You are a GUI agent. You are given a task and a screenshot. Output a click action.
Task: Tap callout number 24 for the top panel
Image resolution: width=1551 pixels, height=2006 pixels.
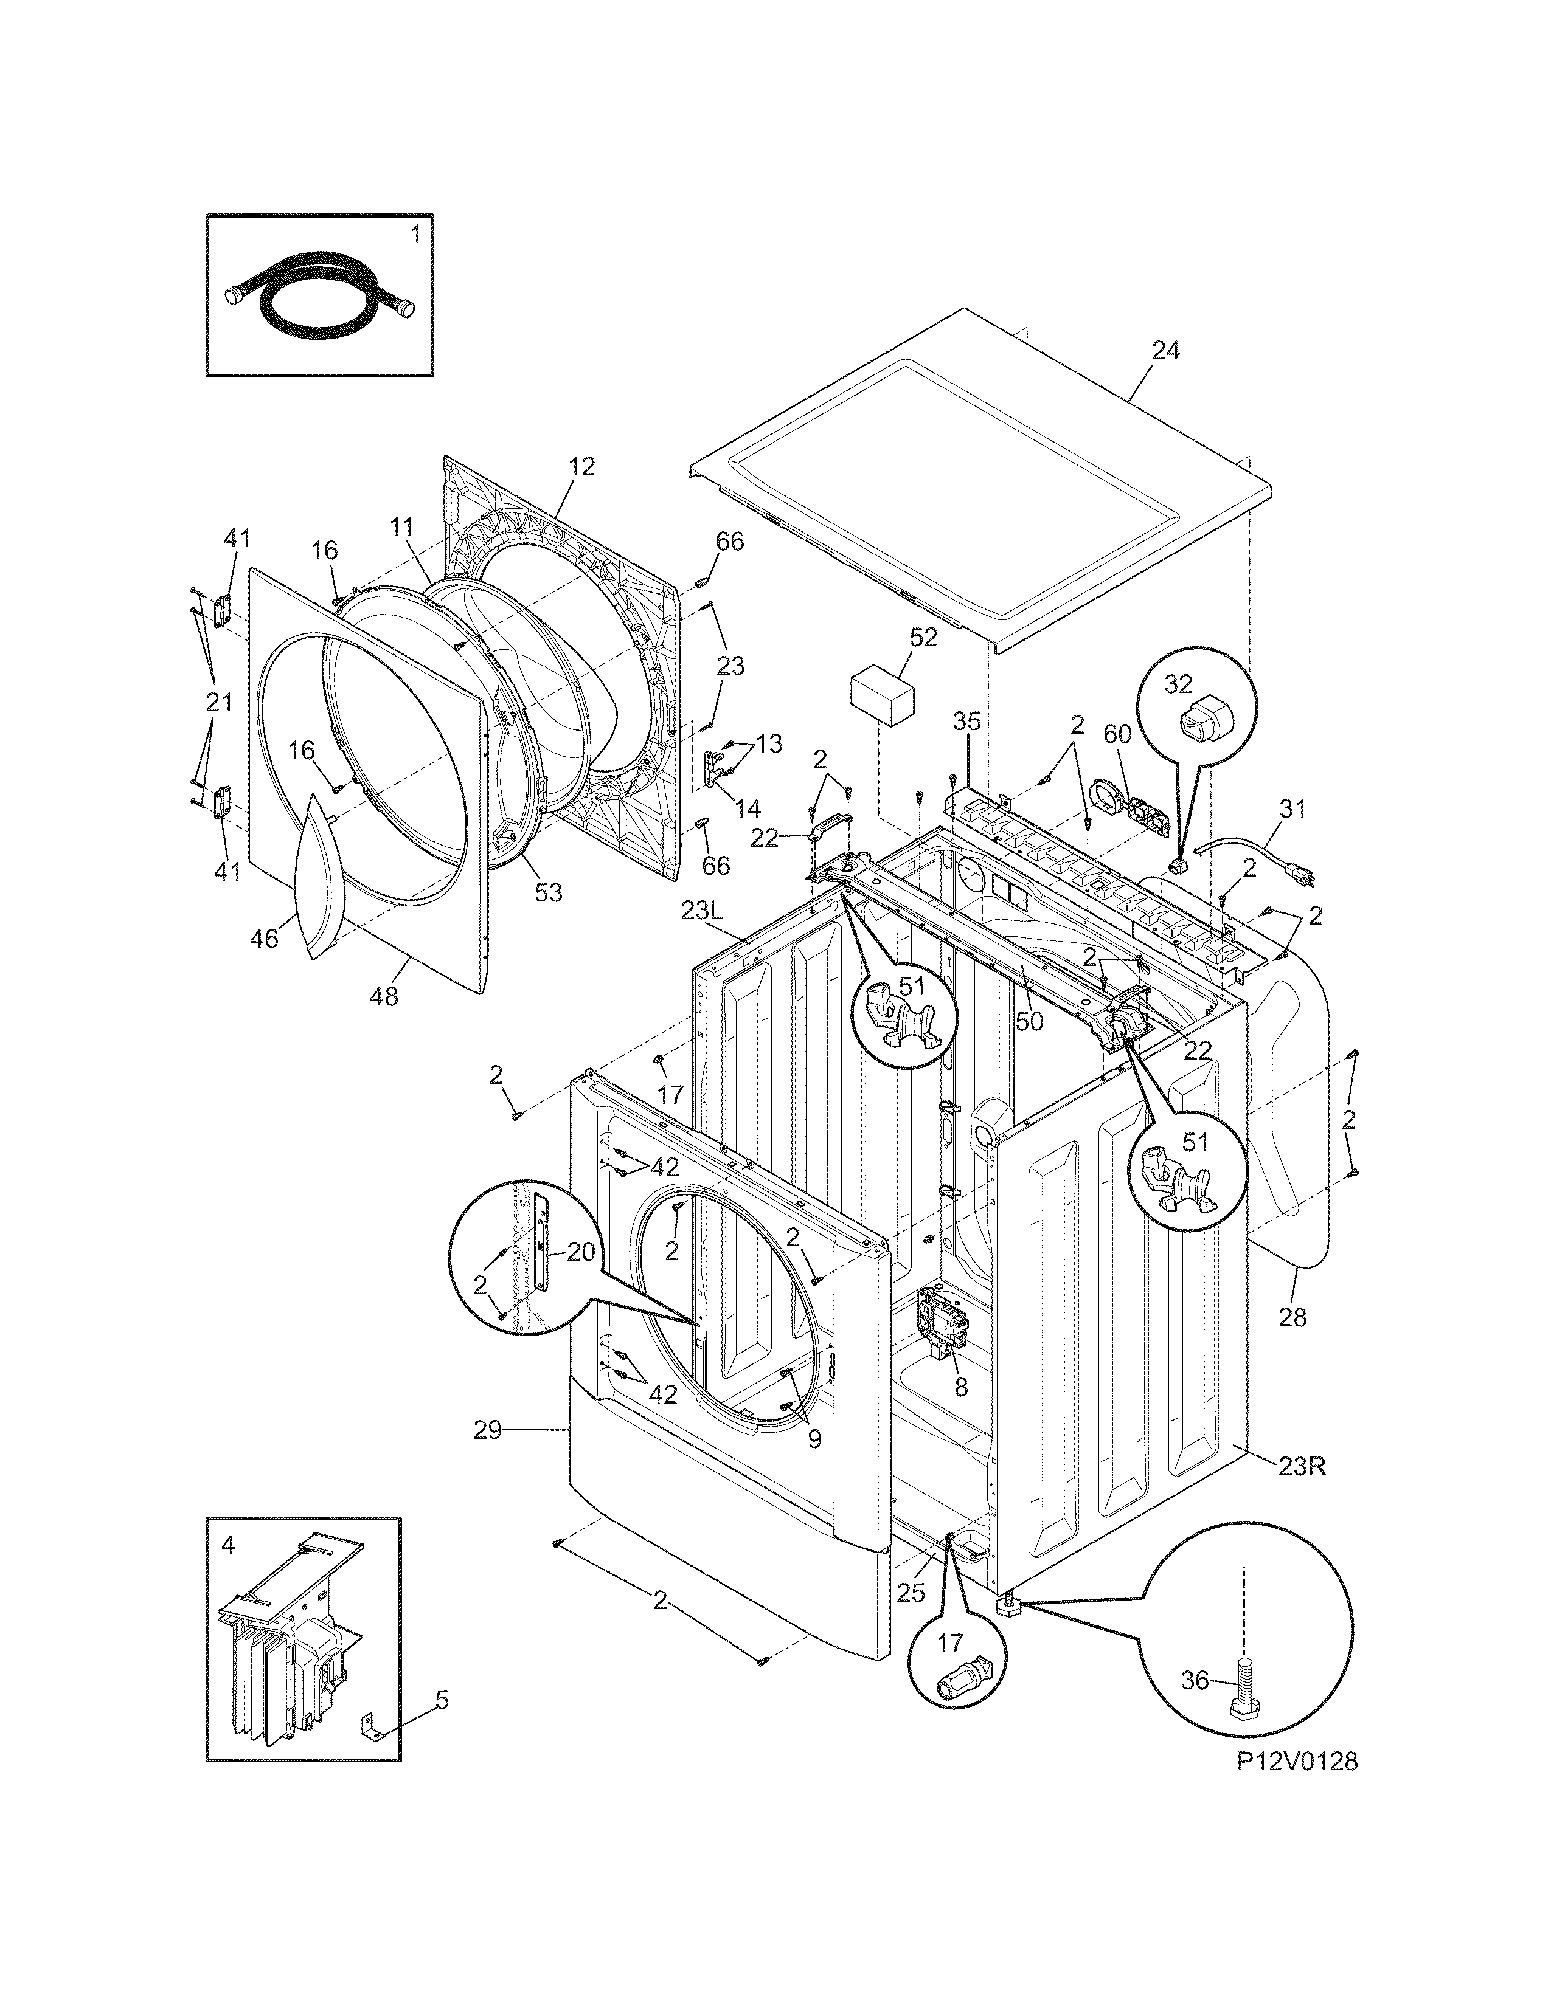click(x=1165, y=351)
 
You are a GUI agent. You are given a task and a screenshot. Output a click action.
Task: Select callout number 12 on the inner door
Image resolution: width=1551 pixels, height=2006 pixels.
click(x=581, y=467)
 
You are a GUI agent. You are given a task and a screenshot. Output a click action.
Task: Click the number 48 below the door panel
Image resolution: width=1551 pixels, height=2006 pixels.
click(x=384, y=996)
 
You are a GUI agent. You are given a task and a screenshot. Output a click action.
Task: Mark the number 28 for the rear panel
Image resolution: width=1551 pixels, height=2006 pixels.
click(x=1292, y=1317)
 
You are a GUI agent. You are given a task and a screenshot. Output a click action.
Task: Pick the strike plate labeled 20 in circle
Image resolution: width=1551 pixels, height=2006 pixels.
click(x=542, y=1244)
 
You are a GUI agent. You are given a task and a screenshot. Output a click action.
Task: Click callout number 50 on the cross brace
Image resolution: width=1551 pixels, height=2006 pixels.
click(x=1030, y=1021)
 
